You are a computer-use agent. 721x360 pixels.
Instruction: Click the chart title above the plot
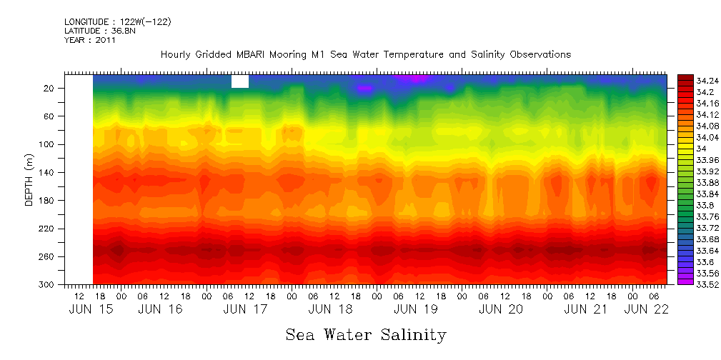[x=365, y=54]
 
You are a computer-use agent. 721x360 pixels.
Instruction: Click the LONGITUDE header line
[x=118, y=22]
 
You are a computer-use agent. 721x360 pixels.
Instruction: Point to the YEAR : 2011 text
[x=90, y=40]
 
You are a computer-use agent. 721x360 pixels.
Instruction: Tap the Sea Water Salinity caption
[x=366, y=334]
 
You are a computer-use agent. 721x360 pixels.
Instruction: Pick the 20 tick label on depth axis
[x=49, y=88]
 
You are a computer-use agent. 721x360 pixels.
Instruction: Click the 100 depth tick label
[x=47, y=144]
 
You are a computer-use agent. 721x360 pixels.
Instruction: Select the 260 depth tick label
[x=47, y=256]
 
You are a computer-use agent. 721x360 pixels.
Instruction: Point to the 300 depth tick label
[x=47, y=285]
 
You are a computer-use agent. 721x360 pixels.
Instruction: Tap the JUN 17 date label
[x=245, y=309]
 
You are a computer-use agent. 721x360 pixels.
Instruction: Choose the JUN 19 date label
[x=415, y=309]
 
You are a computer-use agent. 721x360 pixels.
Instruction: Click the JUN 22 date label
[x=647, y=309]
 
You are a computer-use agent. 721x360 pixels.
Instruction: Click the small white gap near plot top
[x=240, y=81]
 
